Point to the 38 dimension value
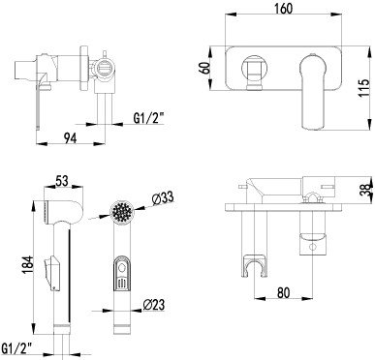coord(363,218)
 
